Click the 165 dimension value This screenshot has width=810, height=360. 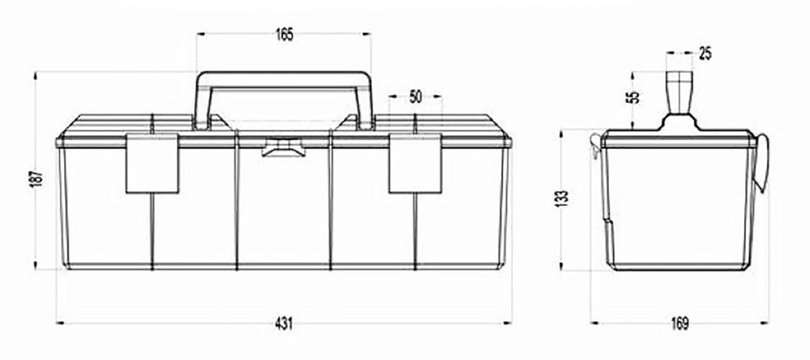284,35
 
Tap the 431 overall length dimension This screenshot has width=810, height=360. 284,324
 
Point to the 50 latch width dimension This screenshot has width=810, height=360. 416,97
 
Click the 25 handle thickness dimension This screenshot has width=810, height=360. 705,53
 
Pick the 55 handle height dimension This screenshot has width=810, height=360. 635,97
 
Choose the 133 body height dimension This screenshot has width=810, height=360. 563,198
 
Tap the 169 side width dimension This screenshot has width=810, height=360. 679,324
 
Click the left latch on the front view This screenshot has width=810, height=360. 153,163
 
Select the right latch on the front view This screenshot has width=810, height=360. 415,163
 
